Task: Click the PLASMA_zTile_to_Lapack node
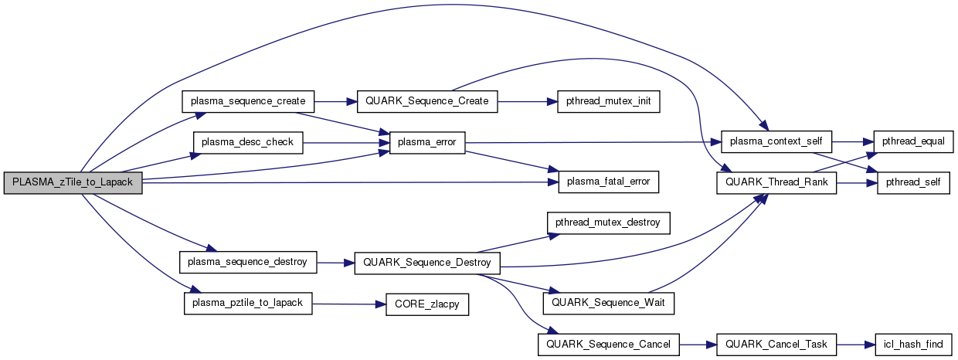pos(73,183)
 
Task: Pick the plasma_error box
pos(427,142)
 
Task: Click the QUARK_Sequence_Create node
pos(426,101)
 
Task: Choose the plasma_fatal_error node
pos(608,183)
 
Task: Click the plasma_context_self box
pos(776,142)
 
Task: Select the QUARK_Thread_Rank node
pos(776,183)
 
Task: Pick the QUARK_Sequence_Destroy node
pos(426,262)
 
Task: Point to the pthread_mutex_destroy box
pos(608,223)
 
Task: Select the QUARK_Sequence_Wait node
pos(608,303)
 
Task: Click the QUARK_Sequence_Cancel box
pos(609,344)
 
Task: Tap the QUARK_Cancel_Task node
pos(776,344)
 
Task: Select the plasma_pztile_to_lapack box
pos(248,303)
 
